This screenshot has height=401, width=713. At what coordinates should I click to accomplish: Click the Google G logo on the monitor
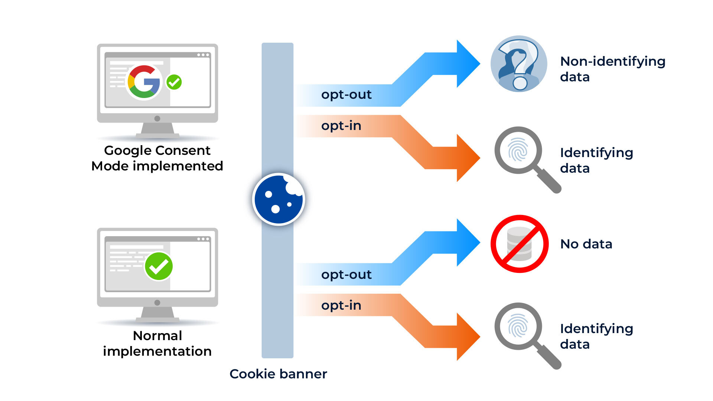[144, 82]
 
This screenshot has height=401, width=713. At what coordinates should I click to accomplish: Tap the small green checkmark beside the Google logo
[174, 82]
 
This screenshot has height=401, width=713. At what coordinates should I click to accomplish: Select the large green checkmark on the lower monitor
[159, 266]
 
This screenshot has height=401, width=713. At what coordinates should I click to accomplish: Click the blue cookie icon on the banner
[279, 199]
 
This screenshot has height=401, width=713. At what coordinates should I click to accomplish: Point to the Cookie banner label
[278, 374]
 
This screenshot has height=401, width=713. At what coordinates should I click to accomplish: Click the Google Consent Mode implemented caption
[157, 158]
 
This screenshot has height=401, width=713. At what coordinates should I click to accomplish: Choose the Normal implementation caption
[157, 343]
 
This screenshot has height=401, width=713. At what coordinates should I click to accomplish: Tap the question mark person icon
[519, 64]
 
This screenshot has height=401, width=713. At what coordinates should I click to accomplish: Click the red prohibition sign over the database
[520, 244]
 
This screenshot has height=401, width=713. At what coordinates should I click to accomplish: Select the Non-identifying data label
[612, 69]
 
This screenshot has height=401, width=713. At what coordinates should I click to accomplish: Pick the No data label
[586, 244]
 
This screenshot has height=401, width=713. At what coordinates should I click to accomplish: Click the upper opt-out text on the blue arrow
[346, 95]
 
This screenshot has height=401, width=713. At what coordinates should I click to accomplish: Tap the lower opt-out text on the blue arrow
[346, 275]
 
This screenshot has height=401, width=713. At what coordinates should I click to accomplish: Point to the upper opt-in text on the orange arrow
[341, 126]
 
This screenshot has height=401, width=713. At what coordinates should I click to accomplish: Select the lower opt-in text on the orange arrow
[341, 306]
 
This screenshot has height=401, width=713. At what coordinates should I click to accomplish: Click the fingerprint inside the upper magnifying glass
[518, 150]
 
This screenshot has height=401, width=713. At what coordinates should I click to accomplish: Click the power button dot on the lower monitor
[157, 303]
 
